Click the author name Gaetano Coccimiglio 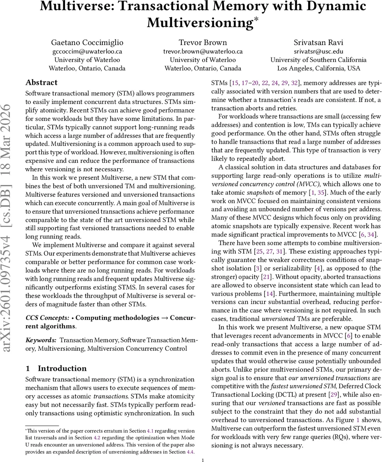tap(87, 42)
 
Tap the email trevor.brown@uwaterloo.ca tap(203, 51)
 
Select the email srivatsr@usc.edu tap(318, 51)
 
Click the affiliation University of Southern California tap(318, 60)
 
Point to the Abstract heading tap(41, 82)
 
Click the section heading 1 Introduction tap(56, 368)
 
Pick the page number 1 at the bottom tap(203, 459)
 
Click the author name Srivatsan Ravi tap(318, 42)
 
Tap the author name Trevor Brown tap(203, 42)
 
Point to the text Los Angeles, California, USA tap(318, 68)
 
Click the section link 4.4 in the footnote tap(190, 451)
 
